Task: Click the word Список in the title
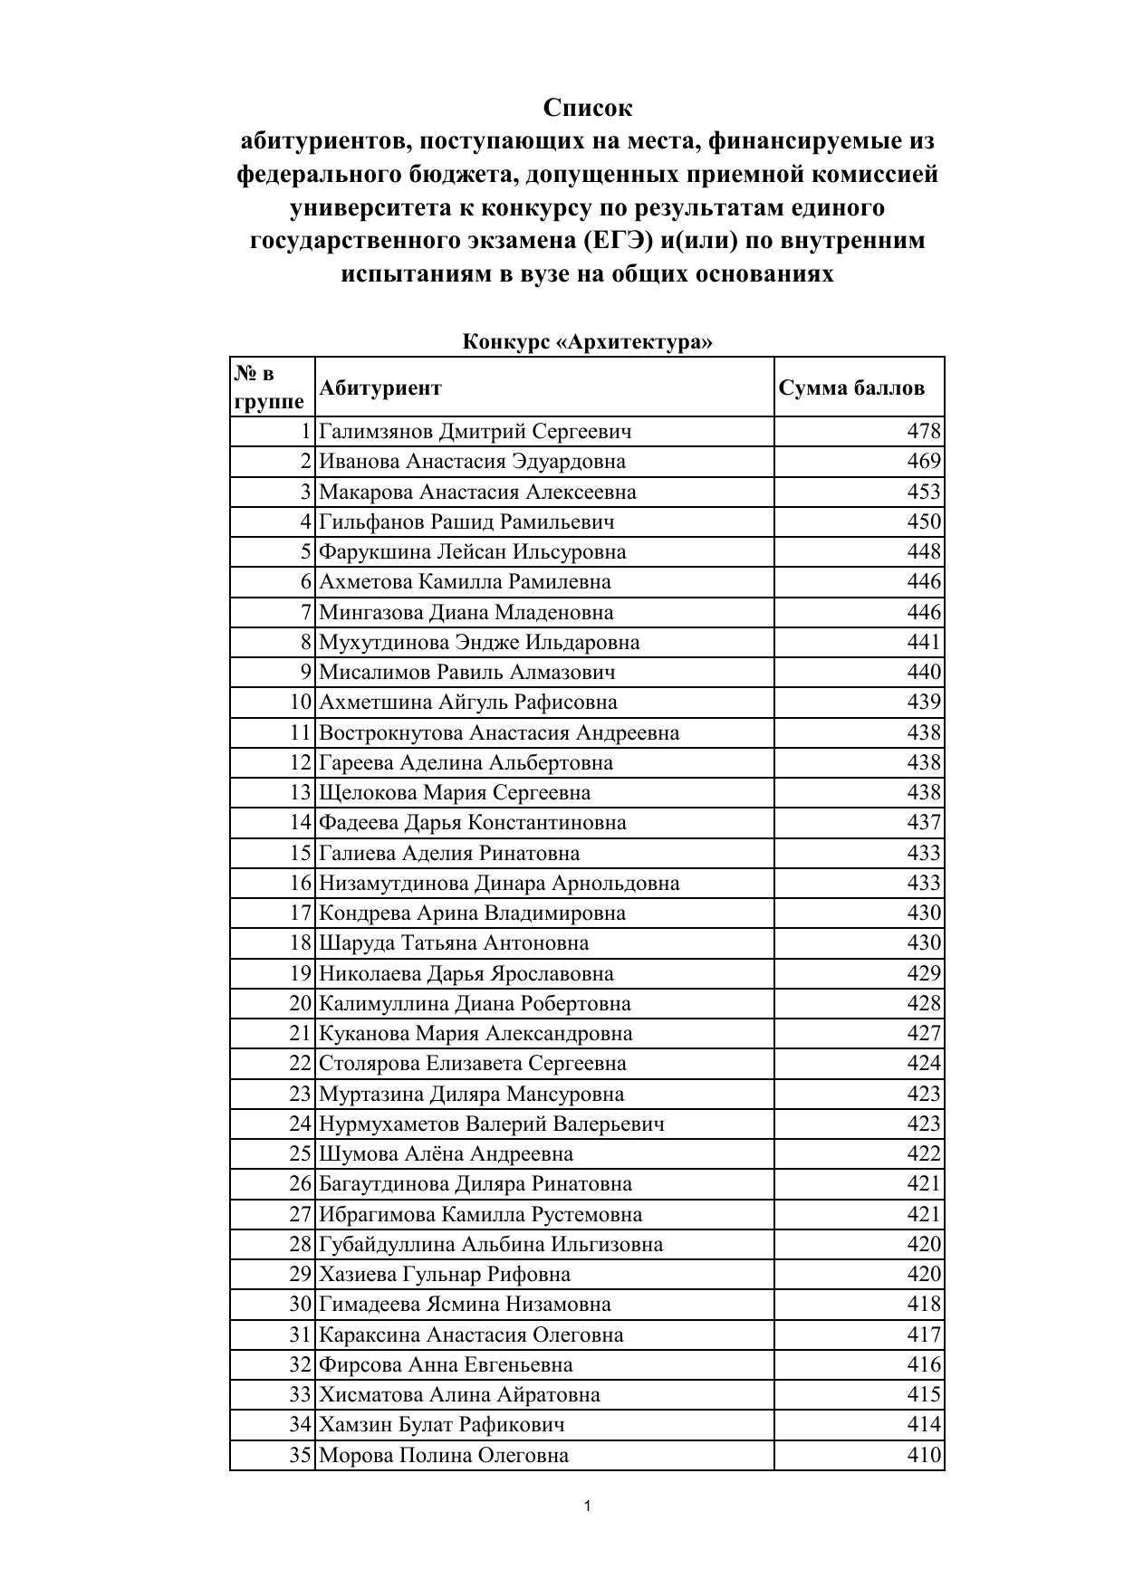pyautogui.click(x=588, y=109)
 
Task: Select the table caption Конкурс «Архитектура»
pyautogui.click(x=587, y=342)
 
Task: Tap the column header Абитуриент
pyautogui.click(x=380, y=387)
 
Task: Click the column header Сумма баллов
pyautogui.click(x=851, y=387)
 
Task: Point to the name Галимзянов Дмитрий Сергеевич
pyautogui.click(x=476, y=432)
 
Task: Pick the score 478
pyautogui.click(x=924, y=432)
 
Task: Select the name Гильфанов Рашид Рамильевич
pyautogui.click(x=466, y=522)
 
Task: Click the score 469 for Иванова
pyautogui.click(x=924, y=462)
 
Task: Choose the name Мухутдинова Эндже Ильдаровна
pyautogui.click(x=479, y=643)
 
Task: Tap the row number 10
pyautogui.click(x=301, y=703)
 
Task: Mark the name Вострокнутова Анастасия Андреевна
pyautogui.click(x=499, y=733)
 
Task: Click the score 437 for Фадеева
pyautogui.click(x=924, y=823)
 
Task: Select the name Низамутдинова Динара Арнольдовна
pyautogui.click(x=499, y=884)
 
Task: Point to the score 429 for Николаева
pyautogui.click(x=924, y=974)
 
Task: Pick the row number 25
pyautogui.click(x=301, y=1154)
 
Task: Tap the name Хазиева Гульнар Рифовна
pyautogui.click(x=445, y=1275)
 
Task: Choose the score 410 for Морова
pyautogui.click(x=924, y=1456)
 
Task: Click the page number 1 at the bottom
pyautogui.click(x=588, y=1507)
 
